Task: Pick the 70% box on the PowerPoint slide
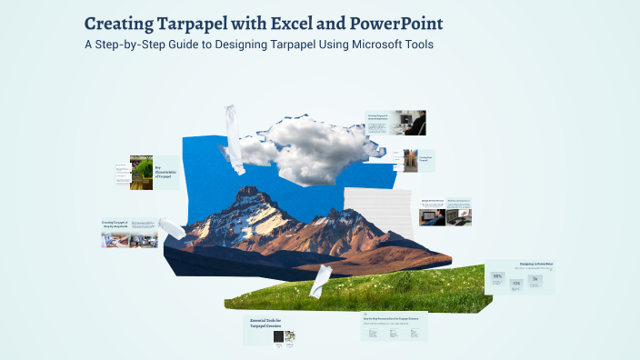click(515, 285)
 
